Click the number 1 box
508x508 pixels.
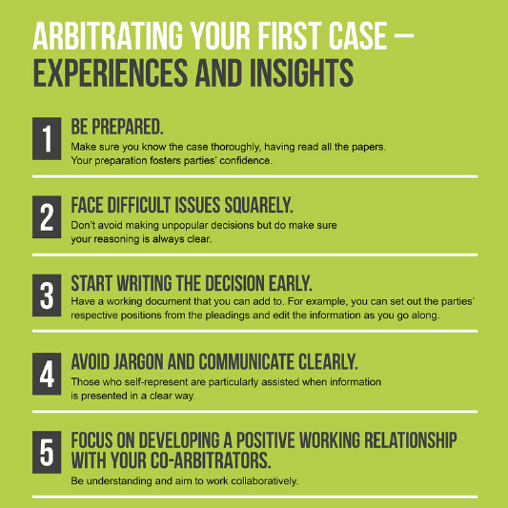[47, 138]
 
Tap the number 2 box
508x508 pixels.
[47, 217]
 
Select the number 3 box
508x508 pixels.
[47, 295]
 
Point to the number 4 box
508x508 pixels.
[47, 374]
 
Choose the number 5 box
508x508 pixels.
[47, 453]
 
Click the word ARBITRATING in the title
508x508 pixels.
[108, 35]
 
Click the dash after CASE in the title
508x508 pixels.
[404, 35]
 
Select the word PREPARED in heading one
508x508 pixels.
[128, 127]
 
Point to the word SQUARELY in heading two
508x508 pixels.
[259, 205]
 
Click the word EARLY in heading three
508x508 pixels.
[291, 283]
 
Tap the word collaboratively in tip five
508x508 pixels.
[264, 481]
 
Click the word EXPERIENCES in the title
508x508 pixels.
[111, 72]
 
